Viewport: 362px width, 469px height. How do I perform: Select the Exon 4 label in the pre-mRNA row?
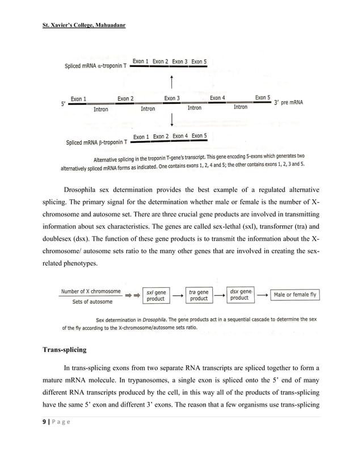[x=218, y=98]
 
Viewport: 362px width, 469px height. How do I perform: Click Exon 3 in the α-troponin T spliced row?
[x=180, y=61]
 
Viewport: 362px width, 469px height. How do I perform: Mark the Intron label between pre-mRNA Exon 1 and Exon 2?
[x=101, y=109]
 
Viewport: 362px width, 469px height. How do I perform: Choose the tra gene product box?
[x=199, y=295]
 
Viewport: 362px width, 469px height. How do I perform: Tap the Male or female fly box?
[x=295, y=295]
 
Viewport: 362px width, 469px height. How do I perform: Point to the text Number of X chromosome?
[x=91, y=291]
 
